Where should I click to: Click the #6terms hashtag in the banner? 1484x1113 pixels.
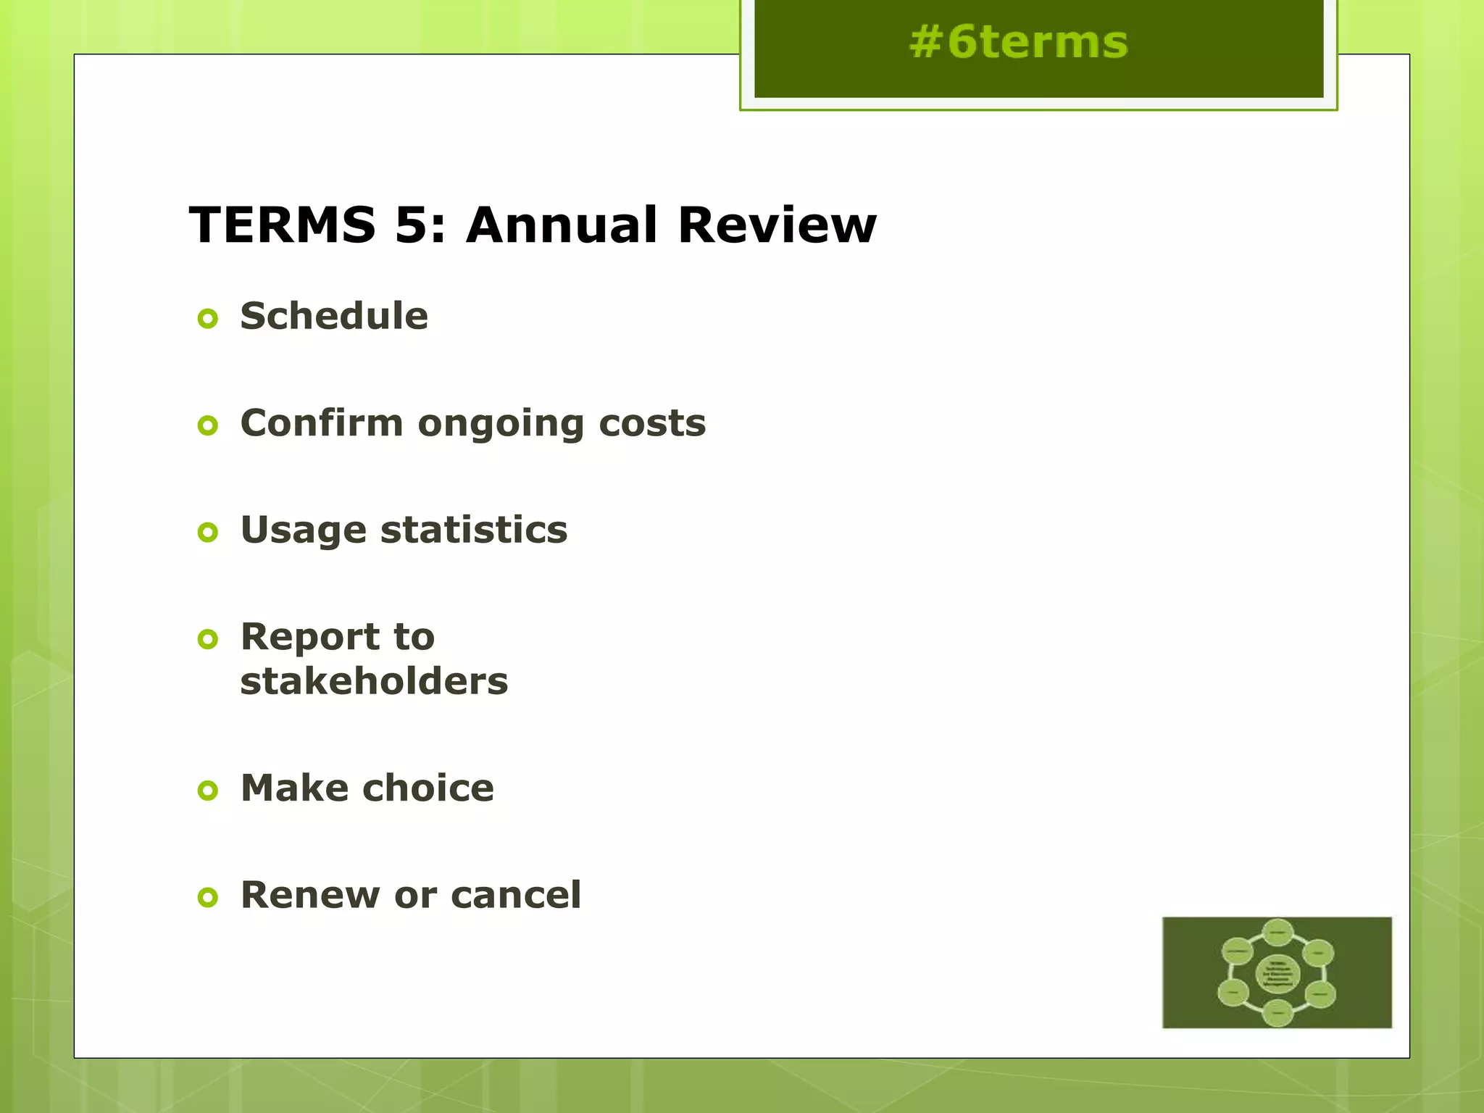(1018, 42)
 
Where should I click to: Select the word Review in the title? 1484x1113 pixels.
(777, 225)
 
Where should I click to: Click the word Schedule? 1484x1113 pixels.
(334, 316)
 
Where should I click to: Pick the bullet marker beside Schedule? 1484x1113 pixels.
(208, 318)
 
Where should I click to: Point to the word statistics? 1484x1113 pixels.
(474, 530)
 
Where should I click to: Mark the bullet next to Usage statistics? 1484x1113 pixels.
(208, 533)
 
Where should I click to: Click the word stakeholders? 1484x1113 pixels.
(374, 681)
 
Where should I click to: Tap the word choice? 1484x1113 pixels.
(428, 788)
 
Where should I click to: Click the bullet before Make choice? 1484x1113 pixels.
(208, 791)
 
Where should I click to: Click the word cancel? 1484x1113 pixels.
(516, 895)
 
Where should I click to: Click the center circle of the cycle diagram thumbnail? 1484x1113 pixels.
(1277, 973)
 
